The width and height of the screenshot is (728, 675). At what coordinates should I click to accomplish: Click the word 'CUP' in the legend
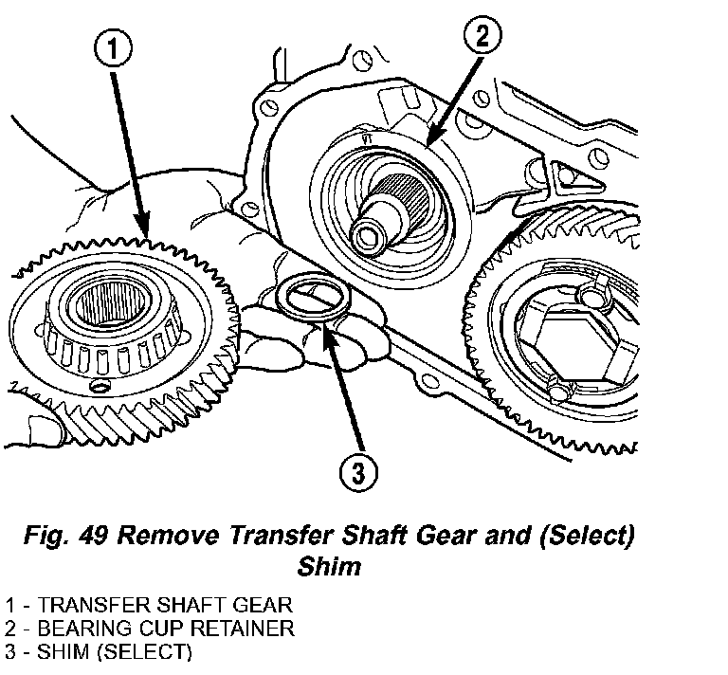coord(151,628)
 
